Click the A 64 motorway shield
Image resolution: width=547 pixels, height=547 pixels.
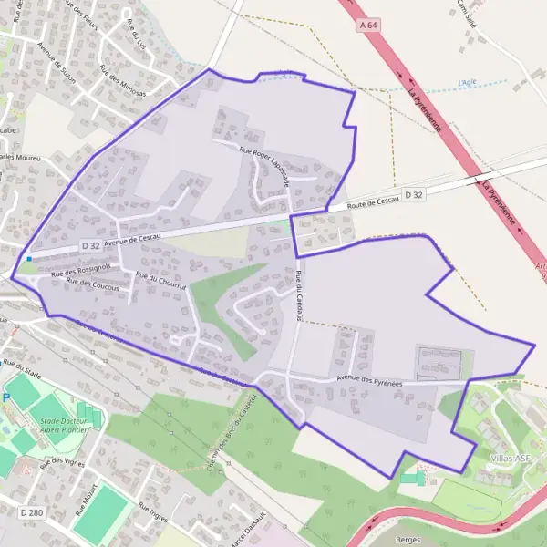(368, 26)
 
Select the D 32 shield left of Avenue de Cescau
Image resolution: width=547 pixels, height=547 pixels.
(89, 245)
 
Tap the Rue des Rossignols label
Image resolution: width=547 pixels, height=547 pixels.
(80, 270)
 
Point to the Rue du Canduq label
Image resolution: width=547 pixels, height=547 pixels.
(299, 294)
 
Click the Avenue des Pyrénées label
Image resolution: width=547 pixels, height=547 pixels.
(369, 381)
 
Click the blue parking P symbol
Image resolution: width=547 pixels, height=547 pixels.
(6, 398)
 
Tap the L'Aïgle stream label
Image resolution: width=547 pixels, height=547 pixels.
(468, 82)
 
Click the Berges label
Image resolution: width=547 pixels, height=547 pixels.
(408, 539)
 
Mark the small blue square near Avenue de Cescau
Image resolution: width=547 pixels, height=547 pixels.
(29, 259)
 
